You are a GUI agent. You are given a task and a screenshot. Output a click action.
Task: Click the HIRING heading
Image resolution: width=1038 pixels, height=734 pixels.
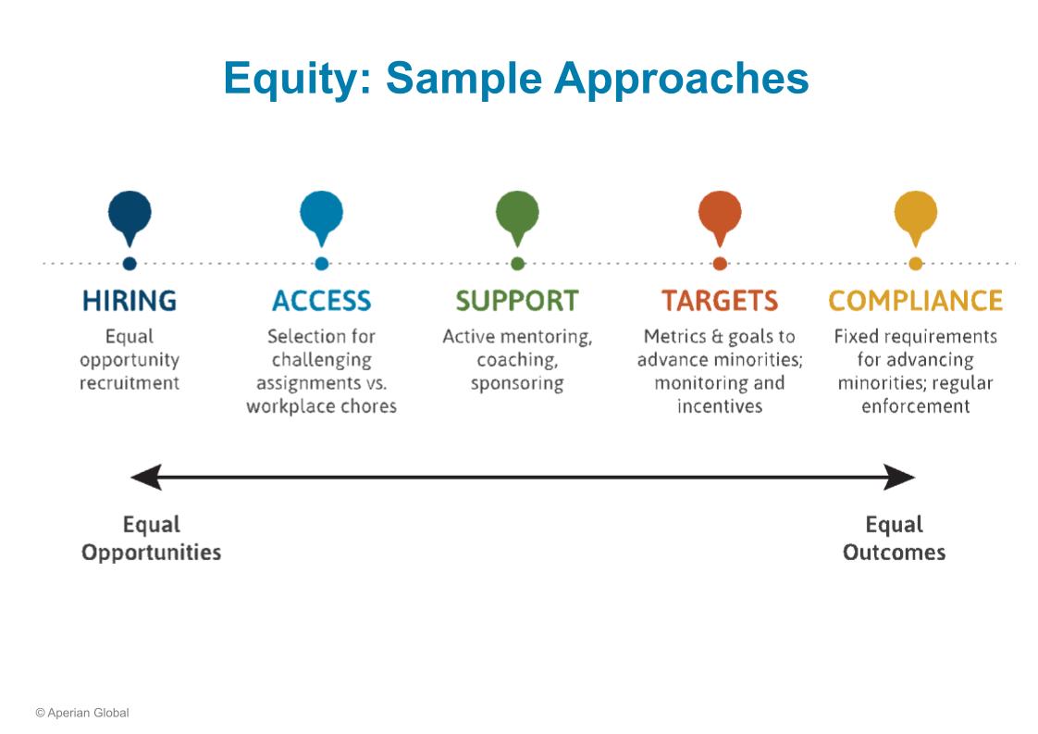[130, 301]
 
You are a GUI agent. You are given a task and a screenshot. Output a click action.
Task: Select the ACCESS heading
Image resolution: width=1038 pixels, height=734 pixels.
[322, 301]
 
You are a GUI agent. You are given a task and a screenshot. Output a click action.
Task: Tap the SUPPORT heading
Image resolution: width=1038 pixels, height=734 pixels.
[518, 301]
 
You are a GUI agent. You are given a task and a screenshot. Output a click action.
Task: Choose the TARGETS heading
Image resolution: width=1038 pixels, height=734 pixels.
[721, 301]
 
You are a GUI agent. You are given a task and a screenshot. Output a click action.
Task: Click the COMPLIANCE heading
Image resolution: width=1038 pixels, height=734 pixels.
[916, 301]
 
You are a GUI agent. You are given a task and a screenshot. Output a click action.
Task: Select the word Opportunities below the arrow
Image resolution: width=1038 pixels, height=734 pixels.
[152, 553]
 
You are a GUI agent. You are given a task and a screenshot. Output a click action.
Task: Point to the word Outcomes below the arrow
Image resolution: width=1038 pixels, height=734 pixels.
[895, 553]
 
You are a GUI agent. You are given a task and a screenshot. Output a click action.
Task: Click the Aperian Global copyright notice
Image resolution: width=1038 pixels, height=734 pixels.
[82, 713]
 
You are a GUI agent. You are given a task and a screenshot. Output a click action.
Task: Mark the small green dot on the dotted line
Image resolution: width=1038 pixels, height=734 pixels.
[518, 264]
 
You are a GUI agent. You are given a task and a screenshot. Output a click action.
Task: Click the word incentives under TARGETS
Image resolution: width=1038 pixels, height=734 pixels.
[721, 406]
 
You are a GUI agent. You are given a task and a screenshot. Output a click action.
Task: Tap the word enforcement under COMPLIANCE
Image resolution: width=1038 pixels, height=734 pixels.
[916, 406]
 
